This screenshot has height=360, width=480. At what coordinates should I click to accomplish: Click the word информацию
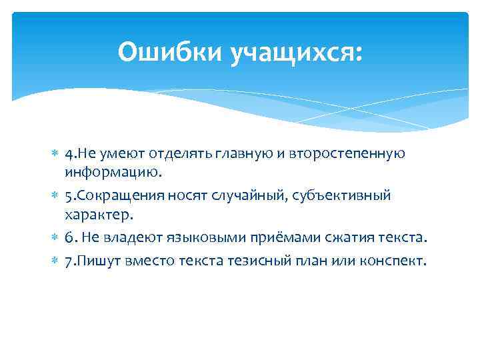113,173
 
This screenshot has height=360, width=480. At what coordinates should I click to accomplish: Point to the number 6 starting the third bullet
70,238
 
